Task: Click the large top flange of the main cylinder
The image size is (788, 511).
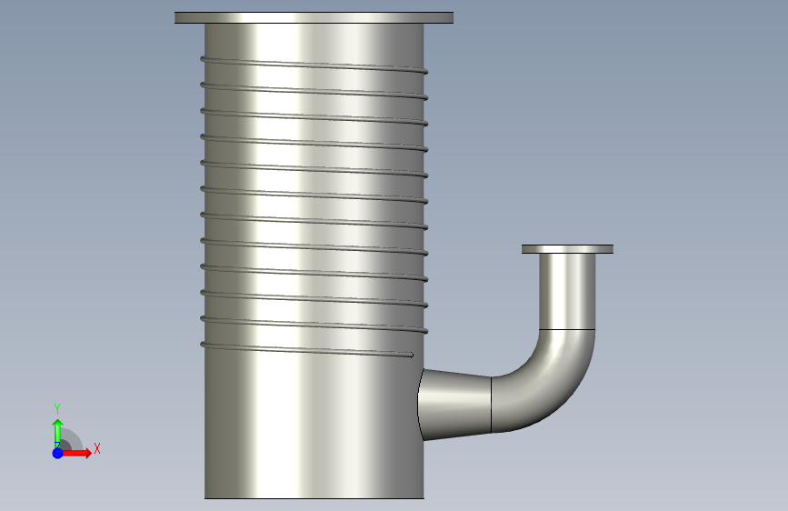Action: pos(314,17)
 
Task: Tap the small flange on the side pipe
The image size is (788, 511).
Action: pos(567,249)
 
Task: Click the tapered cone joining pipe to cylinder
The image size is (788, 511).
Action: pos(454,405)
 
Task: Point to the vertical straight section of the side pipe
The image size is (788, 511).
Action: pos(567,292)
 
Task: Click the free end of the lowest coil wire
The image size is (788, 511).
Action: pos(411,356)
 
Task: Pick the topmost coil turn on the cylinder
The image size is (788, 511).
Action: pos(314,65)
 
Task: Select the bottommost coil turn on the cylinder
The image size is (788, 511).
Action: pos(306,350)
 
